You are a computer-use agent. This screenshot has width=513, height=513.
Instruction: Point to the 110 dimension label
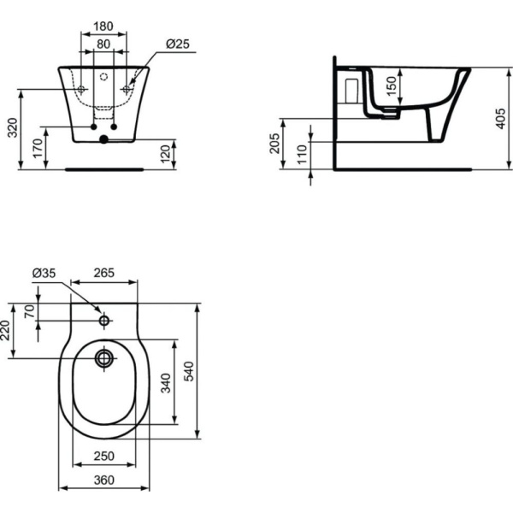(x=301, y=154)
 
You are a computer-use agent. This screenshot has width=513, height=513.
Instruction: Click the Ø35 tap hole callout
(x=44, y=274)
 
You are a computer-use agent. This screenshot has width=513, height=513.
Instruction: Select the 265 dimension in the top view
(x=103, y=274)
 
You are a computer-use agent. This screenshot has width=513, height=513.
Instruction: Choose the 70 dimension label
(x=30, y=311)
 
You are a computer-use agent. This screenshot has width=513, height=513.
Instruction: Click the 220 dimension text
(x=7, y=330)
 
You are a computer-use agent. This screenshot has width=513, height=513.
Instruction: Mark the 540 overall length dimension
(x=214, y=371)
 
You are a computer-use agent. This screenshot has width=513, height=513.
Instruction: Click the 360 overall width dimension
(x=103, y=481)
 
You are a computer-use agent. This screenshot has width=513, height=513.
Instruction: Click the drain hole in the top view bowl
(x=104, y=356)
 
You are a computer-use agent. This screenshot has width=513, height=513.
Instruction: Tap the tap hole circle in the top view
(x=104, y=321)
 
